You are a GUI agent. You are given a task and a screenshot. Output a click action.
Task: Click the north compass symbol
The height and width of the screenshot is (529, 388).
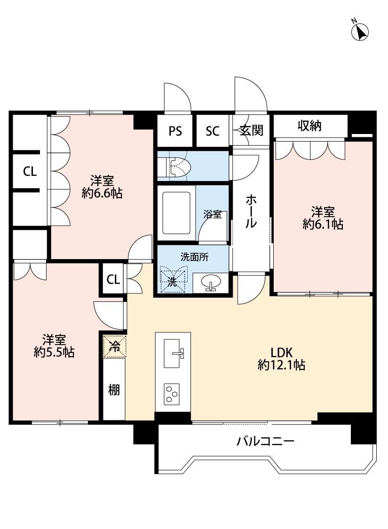tap(360, 31)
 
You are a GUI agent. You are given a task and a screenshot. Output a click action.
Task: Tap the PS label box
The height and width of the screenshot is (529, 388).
tap(175, 131)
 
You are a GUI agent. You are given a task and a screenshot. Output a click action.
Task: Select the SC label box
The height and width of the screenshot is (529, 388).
tap(213, 131)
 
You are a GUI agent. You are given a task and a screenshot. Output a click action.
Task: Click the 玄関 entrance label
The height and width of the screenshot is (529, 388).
tap(251, 130)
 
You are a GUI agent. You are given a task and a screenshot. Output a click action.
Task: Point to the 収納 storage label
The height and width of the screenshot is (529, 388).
tap(309, 126)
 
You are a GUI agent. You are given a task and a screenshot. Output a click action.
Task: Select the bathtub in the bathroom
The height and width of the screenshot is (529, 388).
tap(176, 213)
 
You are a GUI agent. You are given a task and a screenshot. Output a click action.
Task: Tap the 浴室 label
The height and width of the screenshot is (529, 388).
tap(213, 214)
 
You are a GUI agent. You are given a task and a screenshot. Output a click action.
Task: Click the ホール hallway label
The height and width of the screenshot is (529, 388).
tap(251, 212)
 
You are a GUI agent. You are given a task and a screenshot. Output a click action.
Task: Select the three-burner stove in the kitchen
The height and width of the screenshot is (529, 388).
tap(172, 394)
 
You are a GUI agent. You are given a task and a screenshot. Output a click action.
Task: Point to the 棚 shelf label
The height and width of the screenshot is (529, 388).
tap(114, 390)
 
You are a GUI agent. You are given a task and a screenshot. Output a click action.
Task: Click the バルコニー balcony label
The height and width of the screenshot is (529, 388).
tap(265, 441)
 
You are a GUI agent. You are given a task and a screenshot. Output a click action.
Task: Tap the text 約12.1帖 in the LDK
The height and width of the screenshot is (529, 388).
tap(281, 364)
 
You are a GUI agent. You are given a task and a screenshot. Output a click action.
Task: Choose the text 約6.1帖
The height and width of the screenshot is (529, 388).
tap(323, 224)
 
